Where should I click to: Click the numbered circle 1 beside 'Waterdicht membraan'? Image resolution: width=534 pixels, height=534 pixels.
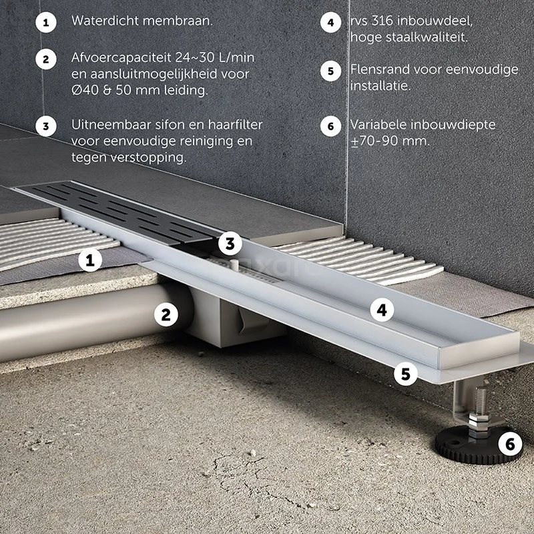tap(46, 23)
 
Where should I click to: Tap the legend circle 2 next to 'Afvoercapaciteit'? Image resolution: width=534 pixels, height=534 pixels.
tap(46, 59)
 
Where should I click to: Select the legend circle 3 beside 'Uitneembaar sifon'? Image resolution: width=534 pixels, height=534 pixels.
tap(46, 126)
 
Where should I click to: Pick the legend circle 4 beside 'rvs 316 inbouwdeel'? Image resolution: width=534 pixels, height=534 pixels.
tap(330, 23)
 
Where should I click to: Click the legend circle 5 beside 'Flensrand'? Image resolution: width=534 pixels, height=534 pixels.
tap(330, 71)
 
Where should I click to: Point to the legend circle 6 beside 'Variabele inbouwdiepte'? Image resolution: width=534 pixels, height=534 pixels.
tap(330, 126)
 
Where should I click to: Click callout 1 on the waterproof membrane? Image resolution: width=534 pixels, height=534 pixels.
tap(90, 260)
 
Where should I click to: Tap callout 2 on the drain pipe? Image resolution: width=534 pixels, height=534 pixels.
tap(166, 314)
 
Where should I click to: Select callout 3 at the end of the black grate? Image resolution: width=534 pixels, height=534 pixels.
tap(230, 244)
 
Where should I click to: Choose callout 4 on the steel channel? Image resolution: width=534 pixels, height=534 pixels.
tap(382, 310)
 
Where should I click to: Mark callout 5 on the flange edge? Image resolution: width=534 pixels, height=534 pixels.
tap(406, 374)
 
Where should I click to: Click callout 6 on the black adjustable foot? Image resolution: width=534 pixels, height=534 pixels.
tap(510, 444)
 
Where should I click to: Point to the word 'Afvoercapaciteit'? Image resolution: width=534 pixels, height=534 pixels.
tap(121, 57)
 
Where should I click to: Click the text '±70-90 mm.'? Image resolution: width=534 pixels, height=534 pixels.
tap(390, 141)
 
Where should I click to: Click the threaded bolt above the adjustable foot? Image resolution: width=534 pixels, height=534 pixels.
tap(480, 402)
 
